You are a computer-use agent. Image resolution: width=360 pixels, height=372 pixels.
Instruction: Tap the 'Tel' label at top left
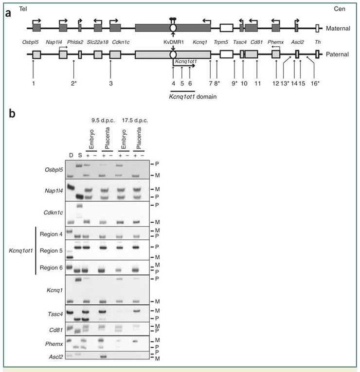22,9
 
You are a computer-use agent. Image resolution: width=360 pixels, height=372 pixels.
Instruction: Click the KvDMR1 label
174,42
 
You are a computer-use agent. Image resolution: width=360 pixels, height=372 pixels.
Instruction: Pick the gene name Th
318,42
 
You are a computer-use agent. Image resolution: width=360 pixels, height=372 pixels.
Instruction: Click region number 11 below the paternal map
258,84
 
